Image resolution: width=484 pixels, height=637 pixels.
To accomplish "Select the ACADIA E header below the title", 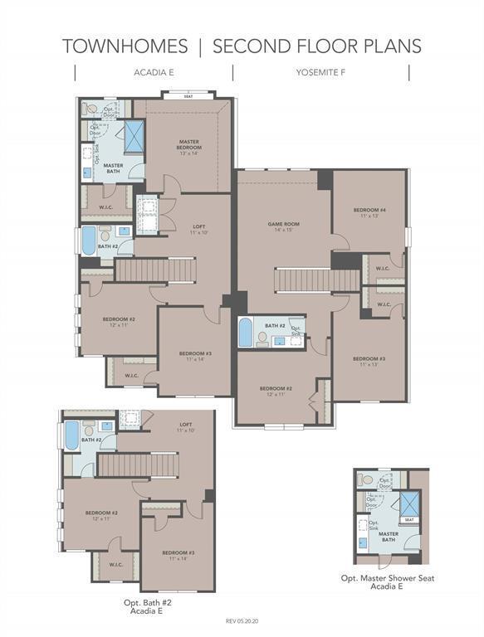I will point(154,73).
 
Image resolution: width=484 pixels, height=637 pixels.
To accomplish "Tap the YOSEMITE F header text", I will point(320,73).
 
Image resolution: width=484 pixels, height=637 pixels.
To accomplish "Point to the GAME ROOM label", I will point(283,226).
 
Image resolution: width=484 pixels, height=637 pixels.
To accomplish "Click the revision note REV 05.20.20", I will point(242,620).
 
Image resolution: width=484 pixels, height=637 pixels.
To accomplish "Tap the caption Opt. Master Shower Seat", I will point(387,578).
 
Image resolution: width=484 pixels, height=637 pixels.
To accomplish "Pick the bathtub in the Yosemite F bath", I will point(245,333).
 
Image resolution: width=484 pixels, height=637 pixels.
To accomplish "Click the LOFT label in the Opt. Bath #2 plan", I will point(185,427).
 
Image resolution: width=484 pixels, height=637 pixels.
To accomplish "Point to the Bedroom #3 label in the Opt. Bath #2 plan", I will point(178,554).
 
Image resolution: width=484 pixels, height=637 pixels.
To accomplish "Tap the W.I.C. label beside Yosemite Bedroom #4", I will point(383,269).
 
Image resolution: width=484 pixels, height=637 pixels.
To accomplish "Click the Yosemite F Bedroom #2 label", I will point(276,391).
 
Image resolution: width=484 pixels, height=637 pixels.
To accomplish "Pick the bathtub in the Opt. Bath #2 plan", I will point(71,435).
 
